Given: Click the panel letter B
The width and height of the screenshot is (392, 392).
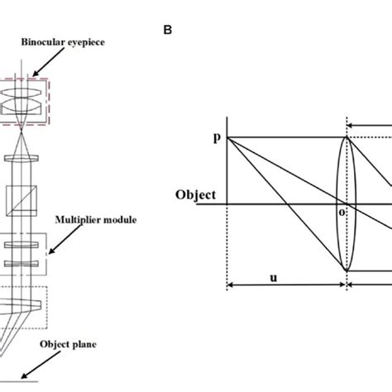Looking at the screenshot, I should pyautogui.click(x=168, y=31).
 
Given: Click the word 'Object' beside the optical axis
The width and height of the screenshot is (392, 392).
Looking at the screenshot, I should pyautogui.click(x=196, y=195).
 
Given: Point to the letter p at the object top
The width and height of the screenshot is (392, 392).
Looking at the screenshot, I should pyautogui.click(x=217, y=139).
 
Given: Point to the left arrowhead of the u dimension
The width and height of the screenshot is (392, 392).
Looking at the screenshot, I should pyautogui.click(x=229, y=286).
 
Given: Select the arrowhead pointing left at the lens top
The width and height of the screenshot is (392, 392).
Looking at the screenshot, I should pyautogui.click(x=351, y=127).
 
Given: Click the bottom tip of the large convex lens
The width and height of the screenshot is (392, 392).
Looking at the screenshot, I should pyautogui.click(x=347, y=270).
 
